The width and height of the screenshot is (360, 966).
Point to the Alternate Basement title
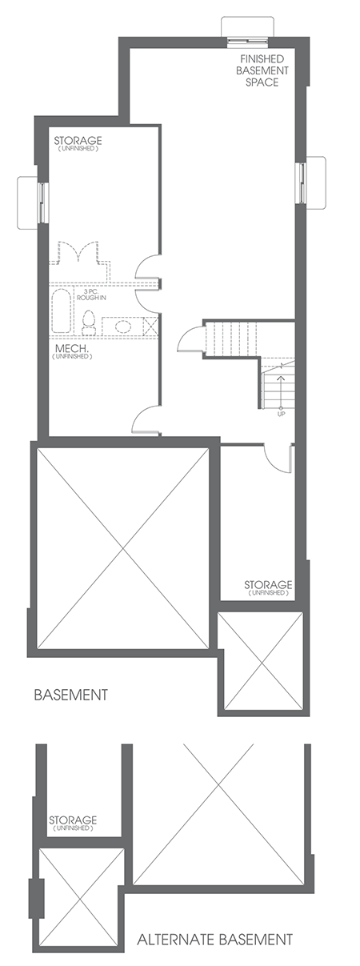(214, 939)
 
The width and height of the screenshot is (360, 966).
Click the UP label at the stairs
(281, 413)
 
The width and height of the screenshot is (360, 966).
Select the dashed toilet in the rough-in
(90, 324)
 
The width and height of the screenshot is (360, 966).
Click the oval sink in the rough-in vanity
(122, 326)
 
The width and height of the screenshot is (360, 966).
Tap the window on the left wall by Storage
(32, 200)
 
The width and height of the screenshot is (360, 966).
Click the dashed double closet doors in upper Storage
(75, 255)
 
